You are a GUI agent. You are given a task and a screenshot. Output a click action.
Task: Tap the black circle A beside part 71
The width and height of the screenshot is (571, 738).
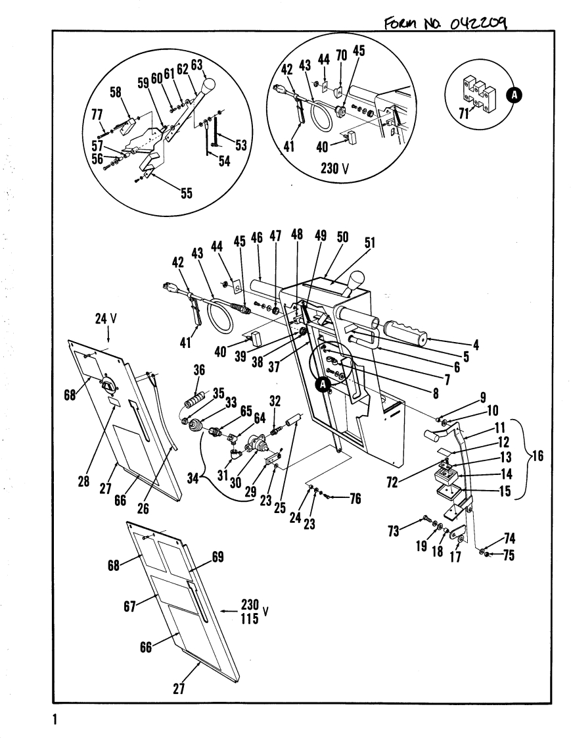514,96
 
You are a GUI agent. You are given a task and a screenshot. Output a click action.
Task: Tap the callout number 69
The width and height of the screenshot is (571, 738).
217,558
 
